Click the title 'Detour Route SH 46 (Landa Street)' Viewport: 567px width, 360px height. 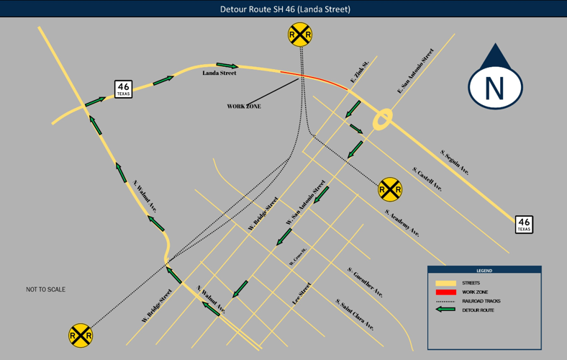tap(285, 9)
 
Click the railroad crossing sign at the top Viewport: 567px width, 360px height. tap(300, 35)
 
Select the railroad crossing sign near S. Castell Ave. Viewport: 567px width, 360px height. tap(389, 189)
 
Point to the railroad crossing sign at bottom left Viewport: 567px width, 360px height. tap(81, 336)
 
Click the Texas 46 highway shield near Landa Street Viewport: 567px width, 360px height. tap(124, 90)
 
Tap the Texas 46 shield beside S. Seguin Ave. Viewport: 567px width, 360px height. tap(524, 225)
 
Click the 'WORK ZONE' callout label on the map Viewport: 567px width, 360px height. tap(244, 107)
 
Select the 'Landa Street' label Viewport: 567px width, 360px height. tap(219, 73)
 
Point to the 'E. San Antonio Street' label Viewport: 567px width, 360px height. tap(416, 71)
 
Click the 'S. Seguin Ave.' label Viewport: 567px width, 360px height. tap(455, 162)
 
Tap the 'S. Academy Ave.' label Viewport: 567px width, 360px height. tap(402, 223)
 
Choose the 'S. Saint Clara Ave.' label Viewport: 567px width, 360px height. tap(355, 314)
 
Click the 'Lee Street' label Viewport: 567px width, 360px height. tap(301, 294)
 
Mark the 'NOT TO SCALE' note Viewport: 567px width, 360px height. tap(45, 289)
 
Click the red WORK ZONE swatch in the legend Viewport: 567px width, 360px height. tap(446, 292)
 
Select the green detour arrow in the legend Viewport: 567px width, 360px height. tap(446, 310)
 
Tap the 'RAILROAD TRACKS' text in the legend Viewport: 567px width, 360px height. tap(481, 301)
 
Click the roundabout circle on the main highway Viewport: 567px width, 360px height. tap(383, 120)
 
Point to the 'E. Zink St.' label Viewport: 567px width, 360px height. tap(360, 71)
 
